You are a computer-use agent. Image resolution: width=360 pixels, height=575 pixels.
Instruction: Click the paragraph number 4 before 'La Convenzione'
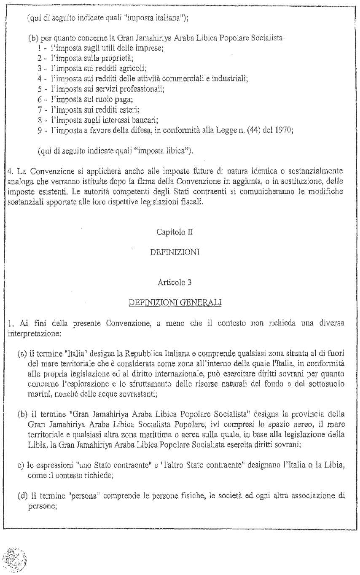pyautogui.click(x=9, y=172)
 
